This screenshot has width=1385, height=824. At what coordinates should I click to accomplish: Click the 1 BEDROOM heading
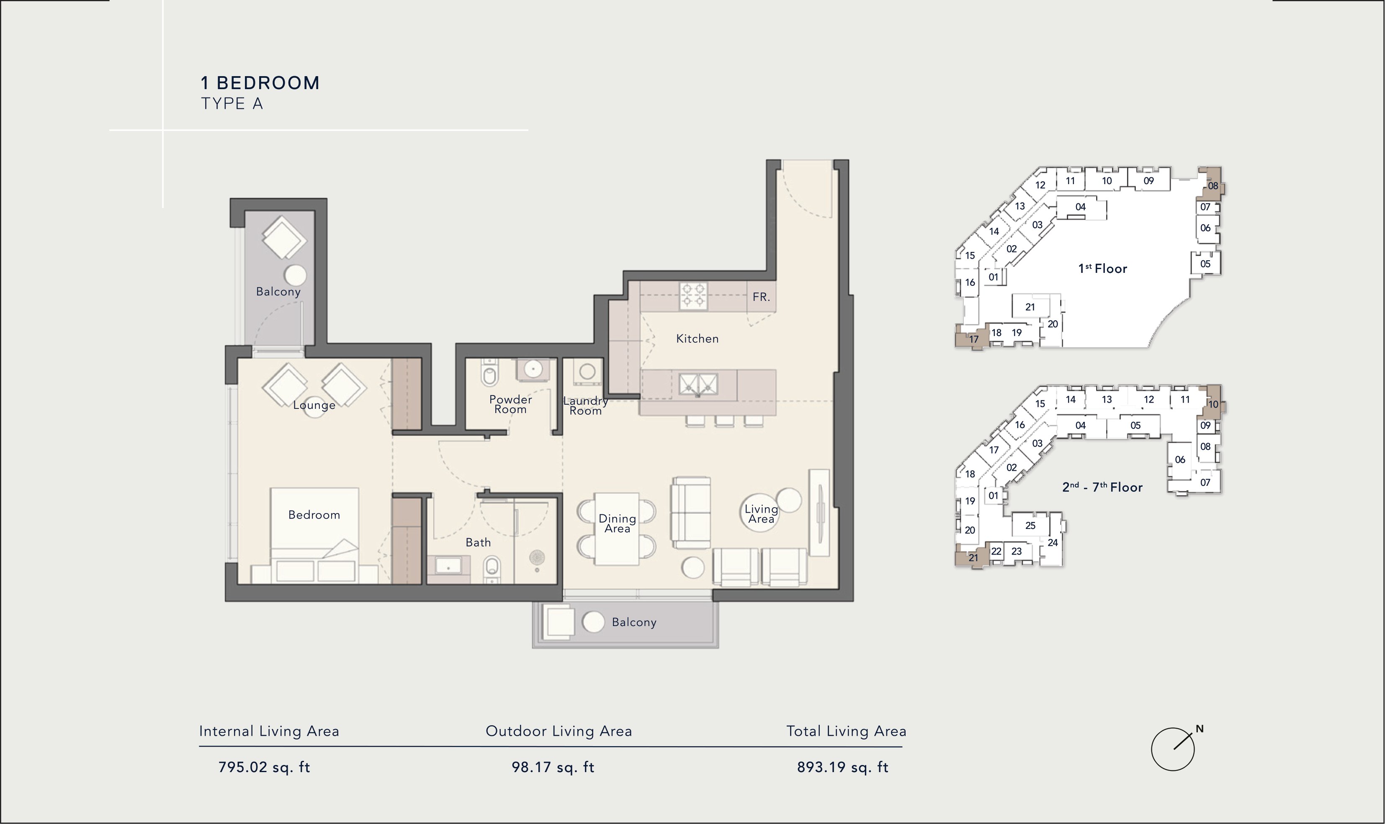(x=260, y=83)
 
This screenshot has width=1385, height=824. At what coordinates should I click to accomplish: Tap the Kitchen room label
(x=697, y=339)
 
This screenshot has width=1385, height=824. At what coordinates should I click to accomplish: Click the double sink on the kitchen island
(x=698, y=384)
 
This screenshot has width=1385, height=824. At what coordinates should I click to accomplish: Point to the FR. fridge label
(x=761, y=297)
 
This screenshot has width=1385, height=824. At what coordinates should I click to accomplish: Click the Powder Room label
(x=510, y=404)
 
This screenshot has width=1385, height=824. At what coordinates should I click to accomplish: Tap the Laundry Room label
(x=585, y=406)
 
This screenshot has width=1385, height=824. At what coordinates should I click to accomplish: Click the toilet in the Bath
(x=491, y=569)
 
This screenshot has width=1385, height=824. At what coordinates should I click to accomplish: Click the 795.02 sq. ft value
(x=264, y=768)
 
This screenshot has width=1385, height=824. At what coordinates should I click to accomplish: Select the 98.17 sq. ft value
(x=553, y=768)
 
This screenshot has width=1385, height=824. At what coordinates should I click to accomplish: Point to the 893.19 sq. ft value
(x=842, y=768)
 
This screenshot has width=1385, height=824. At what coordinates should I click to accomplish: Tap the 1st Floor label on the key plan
(x=1102, y=269)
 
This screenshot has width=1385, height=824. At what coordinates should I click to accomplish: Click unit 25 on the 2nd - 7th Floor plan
(x=1030, y=525)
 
